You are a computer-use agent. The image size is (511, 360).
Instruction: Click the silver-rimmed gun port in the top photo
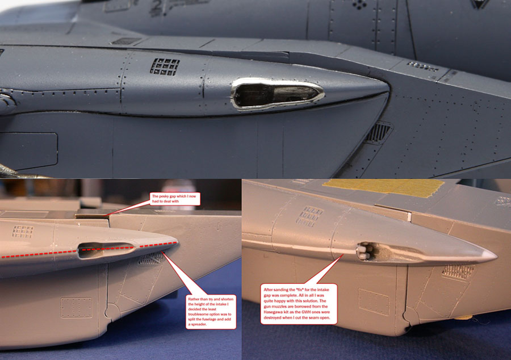tap(278, 94)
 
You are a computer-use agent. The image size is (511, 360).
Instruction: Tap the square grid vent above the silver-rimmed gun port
tap(165, 67)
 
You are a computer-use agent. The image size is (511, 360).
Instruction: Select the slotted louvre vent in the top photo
tap(378, 132)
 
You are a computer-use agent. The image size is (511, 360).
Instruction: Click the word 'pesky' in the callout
tap(165, 196)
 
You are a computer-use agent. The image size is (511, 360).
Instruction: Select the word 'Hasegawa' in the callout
tap(272, 312)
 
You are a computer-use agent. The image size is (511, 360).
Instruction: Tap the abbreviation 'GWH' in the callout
tap(300, 312)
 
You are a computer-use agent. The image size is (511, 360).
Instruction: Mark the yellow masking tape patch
tap(383, 187)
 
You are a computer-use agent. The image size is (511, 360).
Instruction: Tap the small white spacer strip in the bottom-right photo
tap(409, 217)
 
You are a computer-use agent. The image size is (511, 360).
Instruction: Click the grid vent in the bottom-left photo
tap(23, 232)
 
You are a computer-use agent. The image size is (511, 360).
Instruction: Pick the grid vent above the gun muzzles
tap(309, 216)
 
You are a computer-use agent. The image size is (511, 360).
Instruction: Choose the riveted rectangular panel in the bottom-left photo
tap(76, 307)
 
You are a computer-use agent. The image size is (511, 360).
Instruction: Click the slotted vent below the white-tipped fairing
tap(458, 272)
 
